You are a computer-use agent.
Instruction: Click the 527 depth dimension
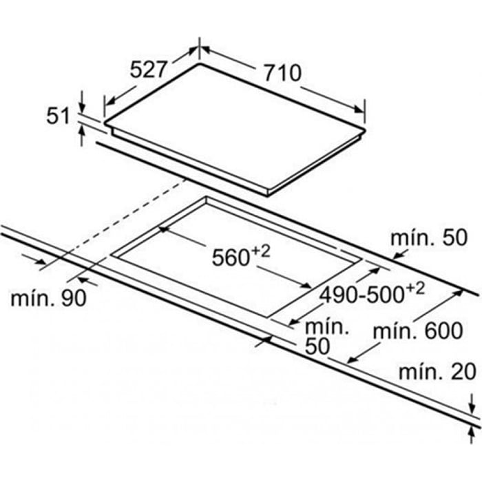[x=149, y=69]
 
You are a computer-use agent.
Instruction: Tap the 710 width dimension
[x=281, y=71]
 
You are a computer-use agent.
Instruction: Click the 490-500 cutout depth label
[x=362, y=295]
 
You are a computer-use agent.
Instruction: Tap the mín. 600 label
[x=417, y=331]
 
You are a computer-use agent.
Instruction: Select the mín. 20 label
[x=437, y=373]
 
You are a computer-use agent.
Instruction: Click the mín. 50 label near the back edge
[x=428, y=239]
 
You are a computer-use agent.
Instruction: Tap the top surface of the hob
[x=234, y=127]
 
